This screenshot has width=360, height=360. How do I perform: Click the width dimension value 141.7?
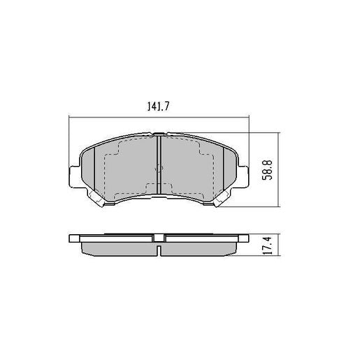[159, 106]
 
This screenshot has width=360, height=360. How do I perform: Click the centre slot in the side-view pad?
[160, 247]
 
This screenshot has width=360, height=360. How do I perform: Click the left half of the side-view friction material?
[119, 247]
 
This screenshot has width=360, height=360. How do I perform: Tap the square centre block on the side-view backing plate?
[160, 236]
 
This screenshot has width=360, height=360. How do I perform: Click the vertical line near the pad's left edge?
[94, 168]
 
